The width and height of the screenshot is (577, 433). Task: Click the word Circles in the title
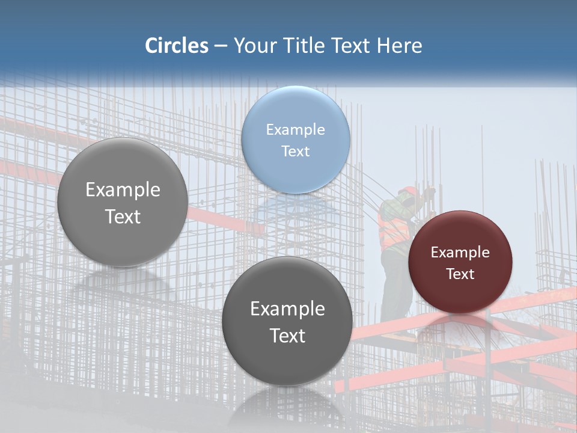coord(177,46)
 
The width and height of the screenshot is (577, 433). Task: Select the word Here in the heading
coord(400,46)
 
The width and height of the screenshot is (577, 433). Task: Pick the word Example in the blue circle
coord(295,129)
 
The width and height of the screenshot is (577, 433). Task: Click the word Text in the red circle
coord(460,274)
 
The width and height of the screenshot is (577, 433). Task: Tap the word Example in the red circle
coord(460,253)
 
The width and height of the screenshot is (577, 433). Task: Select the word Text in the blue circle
coord(295,151)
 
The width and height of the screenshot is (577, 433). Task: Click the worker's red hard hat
coord(409,191)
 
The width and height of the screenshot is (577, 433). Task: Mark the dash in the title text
coord(221,46)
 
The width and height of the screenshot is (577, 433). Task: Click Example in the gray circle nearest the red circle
coord(287,309)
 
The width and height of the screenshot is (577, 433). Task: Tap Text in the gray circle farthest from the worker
coord(123,216)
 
